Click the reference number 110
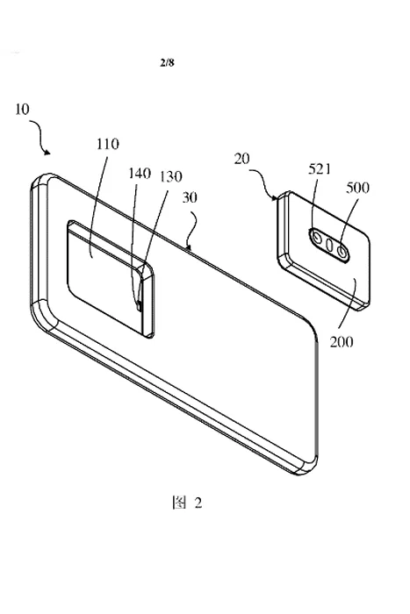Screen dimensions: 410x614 click(108, 144)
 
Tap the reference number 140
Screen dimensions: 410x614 click(140, 173)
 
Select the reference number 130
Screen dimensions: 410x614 click(170, 176)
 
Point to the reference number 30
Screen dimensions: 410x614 click(190, 197)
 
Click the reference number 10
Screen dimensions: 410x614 click(22, 110)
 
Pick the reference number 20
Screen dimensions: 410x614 click(241, 160)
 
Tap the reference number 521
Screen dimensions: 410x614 click(320, 168)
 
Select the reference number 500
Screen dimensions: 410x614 click(357, 188)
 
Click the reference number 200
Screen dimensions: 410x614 click(341, 342)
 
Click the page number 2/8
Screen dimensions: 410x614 click(167, 62)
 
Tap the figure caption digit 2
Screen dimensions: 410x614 click(198, 503)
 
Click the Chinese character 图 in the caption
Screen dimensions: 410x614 click(179, 503)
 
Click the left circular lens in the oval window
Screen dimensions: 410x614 click(316, 238)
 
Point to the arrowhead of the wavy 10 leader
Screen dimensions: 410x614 click(47, 152)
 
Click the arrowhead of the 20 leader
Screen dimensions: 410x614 click(275, 198)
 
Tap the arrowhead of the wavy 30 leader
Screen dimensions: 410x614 click(190, 246)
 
